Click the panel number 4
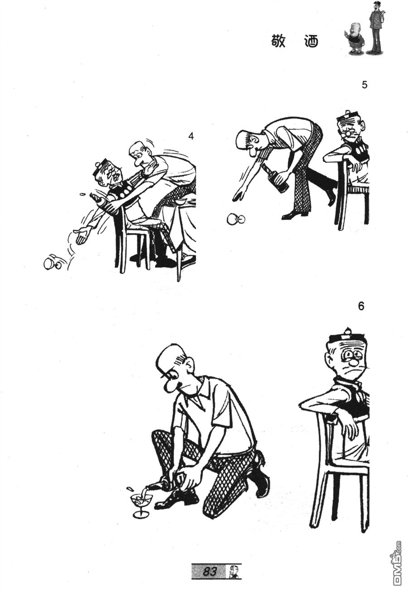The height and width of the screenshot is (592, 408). pos(191,136)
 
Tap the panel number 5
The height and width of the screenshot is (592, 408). pos(364,85)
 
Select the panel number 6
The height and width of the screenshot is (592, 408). pos(361,306)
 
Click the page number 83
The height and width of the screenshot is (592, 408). pos(209,570)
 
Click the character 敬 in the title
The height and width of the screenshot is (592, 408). pos(278,41)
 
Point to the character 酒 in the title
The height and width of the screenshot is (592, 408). pos(311,41)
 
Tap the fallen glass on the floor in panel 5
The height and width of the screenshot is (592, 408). pos(236,218)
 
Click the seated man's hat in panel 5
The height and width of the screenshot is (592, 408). pos(347,118)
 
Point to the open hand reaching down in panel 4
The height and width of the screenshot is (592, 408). pos(81,235)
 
